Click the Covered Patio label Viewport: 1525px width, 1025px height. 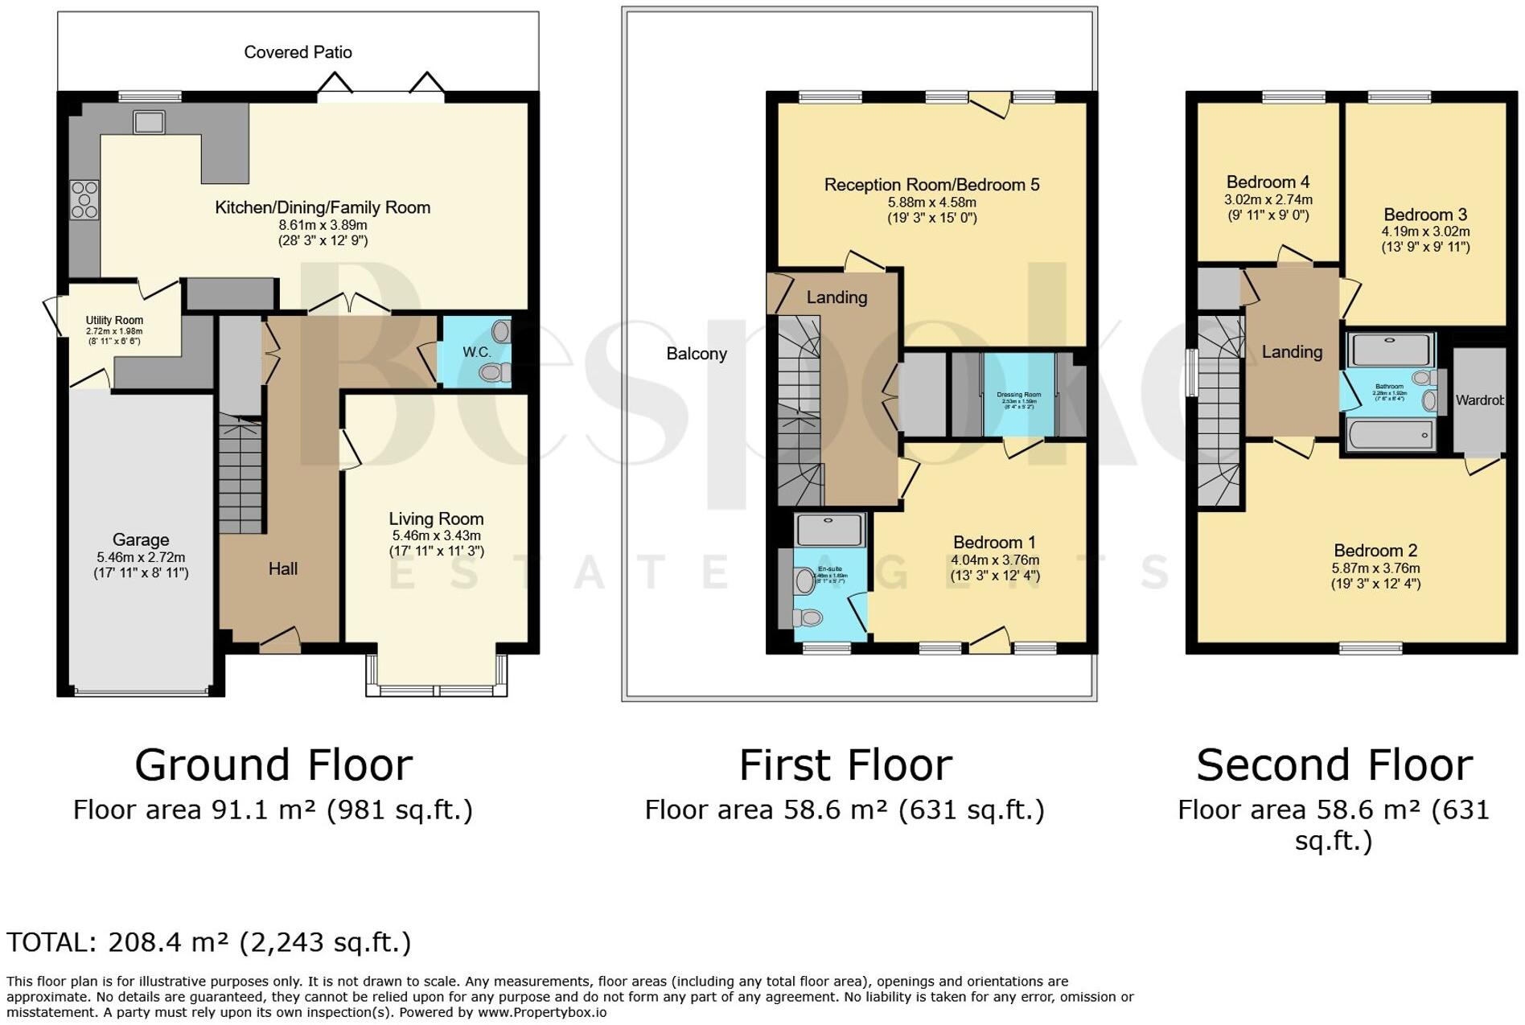point(298,52)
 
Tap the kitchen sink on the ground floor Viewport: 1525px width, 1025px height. point(149,122)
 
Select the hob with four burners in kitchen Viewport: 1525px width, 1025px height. point(84,200)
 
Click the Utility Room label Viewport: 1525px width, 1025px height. point(114,320)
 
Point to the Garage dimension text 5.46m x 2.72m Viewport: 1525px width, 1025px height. point(141,557)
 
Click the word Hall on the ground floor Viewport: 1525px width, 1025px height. point(282,569)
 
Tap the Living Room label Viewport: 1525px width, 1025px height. point(436,519)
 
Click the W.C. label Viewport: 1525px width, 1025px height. point(476,352)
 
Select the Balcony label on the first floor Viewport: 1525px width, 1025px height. point(697,354)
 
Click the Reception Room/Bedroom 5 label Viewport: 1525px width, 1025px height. point(931,185)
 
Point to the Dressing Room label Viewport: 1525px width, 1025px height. point(1018,395)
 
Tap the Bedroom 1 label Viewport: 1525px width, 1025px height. point(994,543)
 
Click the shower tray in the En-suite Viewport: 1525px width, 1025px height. point(829,531)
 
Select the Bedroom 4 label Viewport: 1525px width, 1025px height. point(1268,182)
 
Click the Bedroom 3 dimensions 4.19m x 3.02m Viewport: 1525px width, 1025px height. point(1425,232)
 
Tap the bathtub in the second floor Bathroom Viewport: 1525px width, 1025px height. point(1389,435)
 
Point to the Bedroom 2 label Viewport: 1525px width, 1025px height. point(1375,551)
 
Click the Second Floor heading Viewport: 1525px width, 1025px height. point(1334,765)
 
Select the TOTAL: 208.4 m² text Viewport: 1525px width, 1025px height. point(208,942)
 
